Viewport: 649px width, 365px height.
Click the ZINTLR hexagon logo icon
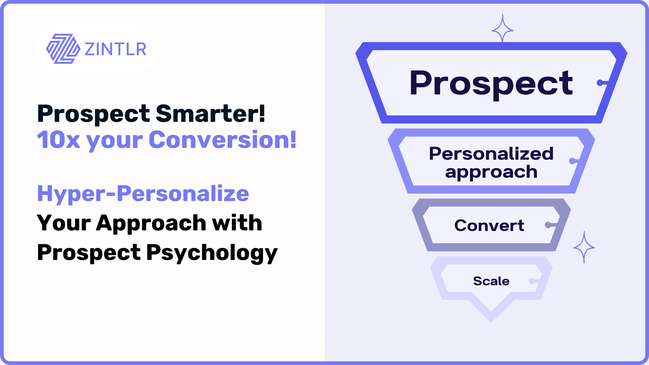coord(63,49)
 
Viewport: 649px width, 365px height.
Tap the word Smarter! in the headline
coord(210,113)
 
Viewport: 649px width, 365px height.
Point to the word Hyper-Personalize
coord(143,194)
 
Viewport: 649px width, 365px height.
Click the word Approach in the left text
coord(151,224)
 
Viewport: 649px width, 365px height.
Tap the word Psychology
coord(212,253)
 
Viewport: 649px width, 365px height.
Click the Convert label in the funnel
coord(489,225)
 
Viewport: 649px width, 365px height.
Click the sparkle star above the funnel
coord(503,28)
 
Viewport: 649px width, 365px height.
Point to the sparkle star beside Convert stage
coord(584,247)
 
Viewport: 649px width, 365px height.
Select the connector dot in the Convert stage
coord(548,225)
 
